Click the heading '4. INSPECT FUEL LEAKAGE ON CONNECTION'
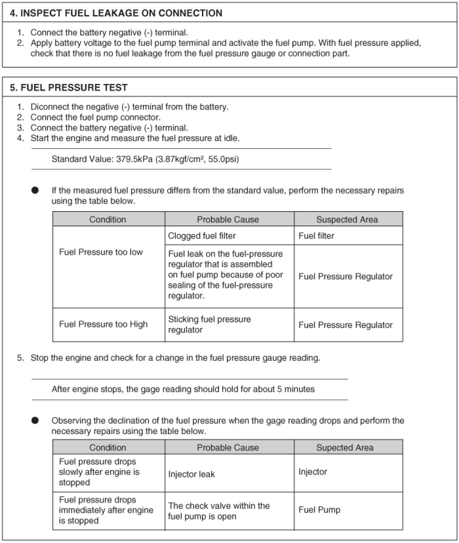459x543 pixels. pos(116,13)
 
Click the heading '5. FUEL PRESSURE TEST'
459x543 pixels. pos(69,87)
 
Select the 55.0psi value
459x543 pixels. pos(226,159)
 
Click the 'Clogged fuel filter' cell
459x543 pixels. pos(202,236)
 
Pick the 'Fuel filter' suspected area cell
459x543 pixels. pos(316,236)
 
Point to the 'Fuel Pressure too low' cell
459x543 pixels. pos(101,252)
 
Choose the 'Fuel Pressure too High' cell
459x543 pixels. pos(103,324)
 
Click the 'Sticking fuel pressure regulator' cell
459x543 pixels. pos(209,324)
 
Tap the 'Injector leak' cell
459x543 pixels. pos(191,474)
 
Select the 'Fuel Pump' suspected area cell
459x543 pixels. pos(320,510)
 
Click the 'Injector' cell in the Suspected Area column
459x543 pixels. pos(313,472)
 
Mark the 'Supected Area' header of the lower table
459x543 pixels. pos(345,448)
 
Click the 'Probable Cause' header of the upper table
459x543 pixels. pos(228,219)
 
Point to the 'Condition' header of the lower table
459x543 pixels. pos(108,448)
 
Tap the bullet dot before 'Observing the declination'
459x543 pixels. pos(35,421)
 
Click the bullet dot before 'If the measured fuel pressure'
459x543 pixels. pos(35,191)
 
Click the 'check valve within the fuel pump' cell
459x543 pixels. pos(219,511)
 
